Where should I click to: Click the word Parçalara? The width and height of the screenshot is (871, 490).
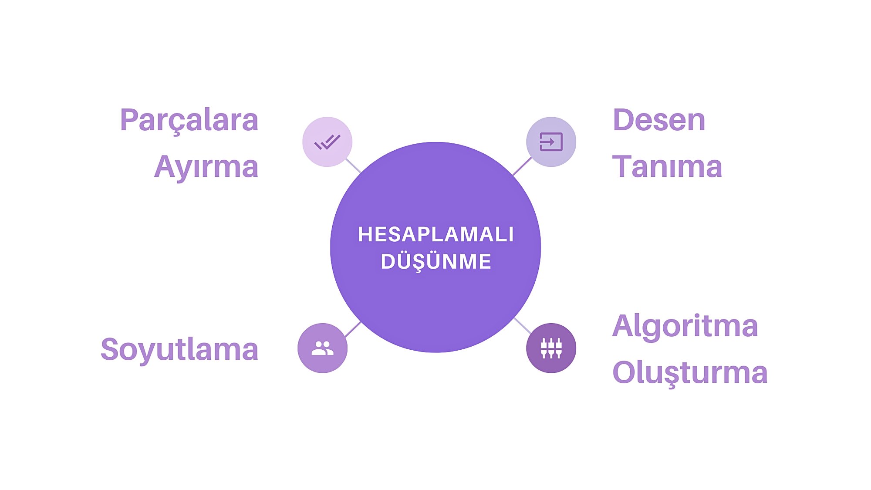[189, 120]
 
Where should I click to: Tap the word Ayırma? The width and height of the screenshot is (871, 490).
[206, 167]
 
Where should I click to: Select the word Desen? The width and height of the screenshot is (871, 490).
[658, 120]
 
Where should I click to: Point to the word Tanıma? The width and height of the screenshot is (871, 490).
[667, 167]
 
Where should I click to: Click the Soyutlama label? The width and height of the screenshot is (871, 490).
[179, 349]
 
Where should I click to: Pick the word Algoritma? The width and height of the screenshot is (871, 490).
[685, 326]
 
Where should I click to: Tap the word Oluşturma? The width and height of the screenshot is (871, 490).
[690, 373]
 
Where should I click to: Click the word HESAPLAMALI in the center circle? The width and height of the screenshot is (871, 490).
[435, 235]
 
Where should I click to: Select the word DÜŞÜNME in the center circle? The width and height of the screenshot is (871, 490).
[435, 262]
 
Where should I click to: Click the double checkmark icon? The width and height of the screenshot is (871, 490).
[327, 142]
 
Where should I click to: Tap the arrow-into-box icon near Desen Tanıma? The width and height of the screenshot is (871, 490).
[551, 142]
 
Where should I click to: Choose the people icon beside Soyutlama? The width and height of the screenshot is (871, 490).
[322, 348]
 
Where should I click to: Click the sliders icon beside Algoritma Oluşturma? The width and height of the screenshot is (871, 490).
[551, 348]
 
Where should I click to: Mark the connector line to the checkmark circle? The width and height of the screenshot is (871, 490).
[353, 166]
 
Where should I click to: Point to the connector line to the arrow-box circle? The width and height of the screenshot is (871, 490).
[522, 166]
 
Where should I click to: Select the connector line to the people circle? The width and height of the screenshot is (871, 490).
[352, 330]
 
